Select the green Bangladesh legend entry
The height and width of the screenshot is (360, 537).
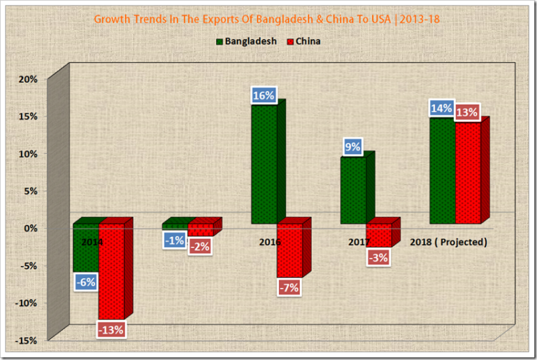click(x=245, y=41)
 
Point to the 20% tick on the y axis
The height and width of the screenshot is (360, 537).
click(x=28, y=79)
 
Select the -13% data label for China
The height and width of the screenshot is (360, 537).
click(x=112, y=329)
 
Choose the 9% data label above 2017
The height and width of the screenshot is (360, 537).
click(x=352, y=147)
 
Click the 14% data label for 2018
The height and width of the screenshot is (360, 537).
click(x=441, y=109)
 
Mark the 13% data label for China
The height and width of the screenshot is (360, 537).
click(x=466, y=112)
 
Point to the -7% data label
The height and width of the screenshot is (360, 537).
click(x=288, y=287)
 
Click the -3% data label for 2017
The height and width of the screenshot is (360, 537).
click(x=378, y=257)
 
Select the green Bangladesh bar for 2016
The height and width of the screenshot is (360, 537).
click(x=264, y=164)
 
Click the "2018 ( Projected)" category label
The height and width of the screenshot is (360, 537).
click(x=447, y=242)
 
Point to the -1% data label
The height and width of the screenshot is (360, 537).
click(x=175, y=240)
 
